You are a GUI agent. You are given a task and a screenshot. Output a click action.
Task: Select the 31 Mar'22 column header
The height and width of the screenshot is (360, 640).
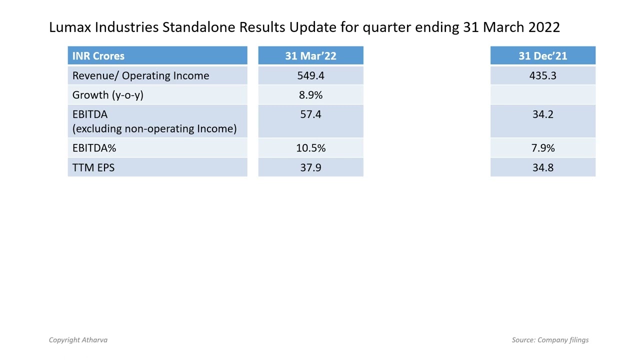point(310,56)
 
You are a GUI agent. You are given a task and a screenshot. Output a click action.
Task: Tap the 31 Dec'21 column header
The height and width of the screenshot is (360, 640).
point(542,56)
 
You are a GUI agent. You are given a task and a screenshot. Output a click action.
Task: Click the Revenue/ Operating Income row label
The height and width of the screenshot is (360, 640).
point(140,75)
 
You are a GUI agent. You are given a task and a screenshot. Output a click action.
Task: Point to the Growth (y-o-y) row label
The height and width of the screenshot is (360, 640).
point(107,95)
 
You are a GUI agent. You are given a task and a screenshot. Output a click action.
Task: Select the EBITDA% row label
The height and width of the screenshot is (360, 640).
point(94,148)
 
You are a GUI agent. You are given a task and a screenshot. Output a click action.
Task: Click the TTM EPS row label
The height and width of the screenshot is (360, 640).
point(93,167)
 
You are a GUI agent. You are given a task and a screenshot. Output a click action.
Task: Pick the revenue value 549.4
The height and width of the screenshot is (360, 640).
point(310,75)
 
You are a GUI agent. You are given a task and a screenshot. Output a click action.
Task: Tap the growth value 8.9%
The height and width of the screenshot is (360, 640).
point(310,95)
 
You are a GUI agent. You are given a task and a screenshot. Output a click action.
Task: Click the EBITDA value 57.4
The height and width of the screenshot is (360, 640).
point(310,114)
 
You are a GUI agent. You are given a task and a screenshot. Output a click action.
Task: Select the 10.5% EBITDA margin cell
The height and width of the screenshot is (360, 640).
point(310,148)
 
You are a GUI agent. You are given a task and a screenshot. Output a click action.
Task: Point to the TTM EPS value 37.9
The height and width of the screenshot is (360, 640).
point(310,167)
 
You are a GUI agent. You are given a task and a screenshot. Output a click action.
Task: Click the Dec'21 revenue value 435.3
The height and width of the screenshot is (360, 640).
point(542,75)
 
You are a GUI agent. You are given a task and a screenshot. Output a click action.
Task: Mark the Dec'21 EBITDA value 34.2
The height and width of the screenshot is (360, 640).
point(542,114)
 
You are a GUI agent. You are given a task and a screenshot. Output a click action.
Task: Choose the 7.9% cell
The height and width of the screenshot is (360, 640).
point(542,148)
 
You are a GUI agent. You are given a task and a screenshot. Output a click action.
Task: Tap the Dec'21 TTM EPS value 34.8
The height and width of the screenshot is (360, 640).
point(542,167)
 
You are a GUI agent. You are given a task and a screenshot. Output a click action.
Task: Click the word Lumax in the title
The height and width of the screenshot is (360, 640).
point(70,27)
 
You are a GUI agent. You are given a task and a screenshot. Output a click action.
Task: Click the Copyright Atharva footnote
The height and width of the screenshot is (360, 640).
point(78,340)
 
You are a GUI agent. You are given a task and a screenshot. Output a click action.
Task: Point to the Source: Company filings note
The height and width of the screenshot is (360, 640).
point(550,340)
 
